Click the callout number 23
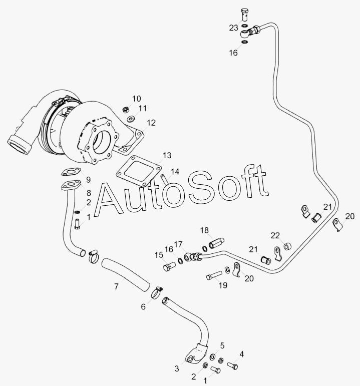(233, 28)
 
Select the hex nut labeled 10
(125, 109)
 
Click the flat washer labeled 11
(131, 119)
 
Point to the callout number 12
(151, 123)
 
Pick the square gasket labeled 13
(139, 171)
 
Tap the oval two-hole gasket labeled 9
(71, 172)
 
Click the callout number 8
(89, 193)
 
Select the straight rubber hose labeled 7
(126, 273)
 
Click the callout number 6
(143, 307)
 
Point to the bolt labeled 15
(169, 266)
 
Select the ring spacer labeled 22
(287, 246)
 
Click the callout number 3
(177, 369)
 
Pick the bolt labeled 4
(232, 365)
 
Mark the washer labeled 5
(212, 356)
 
